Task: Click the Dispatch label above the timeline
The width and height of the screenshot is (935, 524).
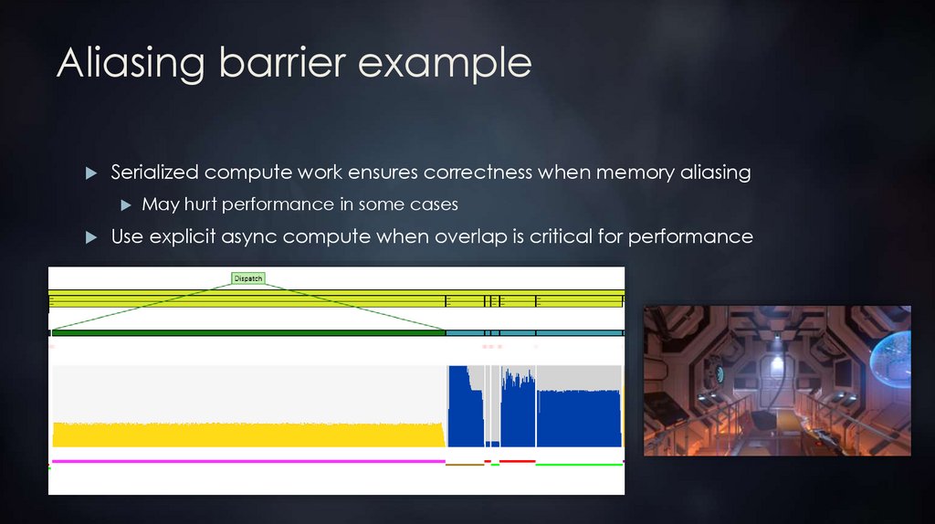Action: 248,278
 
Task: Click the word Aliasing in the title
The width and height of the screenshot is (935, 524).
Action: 131,63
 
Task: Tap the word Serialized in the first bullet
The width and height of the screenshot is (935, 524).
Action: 154,173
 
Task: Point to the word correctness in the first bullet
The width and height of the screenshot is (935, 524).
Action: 478,173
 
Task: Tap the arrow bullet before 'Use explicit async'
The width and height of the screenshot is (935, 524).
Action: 90,237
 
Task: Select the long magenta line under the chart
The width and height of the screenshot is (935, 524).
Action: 247,461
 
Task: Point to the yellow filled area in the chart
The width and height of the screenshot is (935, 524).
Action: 247,435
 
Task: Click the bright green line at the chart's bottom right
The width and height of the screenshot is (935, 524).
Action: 579,465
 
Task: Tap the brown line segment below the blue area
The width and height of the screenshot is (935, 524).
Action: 464,465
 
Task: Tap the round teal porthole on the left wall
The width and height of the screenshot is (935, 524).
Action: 720,373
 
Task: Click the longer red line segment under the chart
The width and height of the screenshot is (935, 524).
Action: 517,462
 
